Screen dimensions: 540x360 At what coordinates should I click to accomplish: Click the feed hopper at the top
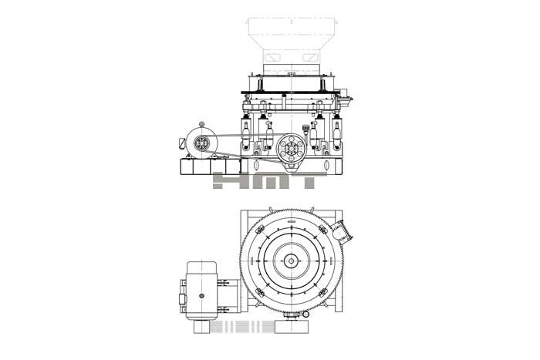pos(292,41)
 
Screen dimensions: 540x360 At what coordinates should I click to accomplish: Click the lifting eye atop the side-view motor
pos(201,124)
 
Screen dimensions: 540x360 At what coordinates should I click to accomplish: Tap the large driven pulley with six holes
pos(291,148)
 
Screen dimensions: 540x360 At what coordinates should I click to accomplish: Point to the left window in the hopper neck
pos(275,56)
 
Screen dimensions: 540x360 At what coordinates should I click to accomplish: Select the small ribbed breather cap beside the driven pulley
pos(305,129)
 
